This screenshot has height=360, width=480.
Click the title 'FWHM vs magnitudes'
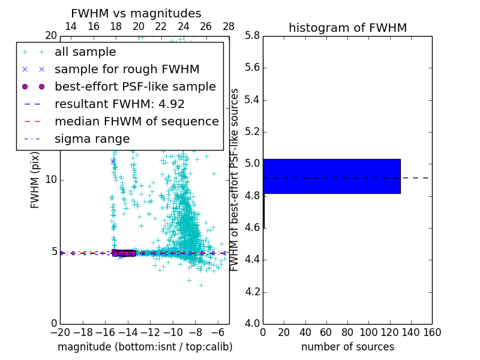click(136, 14)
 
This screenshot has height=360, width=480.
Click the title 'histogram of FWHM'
click(347, 28)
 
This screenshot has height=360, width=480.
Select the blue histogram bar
click(331, 176)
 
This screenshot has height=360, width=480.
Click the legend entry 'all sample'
click(85, 52)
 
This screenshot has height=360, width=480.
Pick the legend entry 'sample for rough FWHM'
click(127, 69)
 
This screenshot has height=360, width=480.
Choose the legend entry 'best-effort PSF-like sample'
click(135, 86)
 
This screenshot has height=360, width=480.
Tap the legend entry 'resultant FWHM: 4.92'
click(119, 104)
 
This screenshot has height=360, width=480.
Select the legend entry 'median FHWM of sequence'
click(136, 121)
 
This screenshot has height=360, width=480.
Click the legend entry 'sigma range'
click(92, 139)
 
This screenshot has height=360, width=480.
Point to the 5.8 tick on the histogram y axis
click(253, 35)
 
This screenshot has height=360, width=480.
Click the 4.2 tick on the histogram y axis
click(253, 292)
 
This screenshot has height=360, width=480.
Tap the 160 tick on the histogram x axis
click(432, 332)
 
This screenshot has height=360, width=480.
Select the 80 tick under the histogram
click(347, 332)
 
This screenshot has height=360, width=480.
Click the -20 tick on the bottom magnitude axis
click(60, 332)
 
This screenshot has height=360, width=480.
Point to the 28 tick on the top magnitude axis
click(229, 26)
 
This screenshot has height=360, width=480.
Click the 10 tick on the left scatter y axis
click(52, 180)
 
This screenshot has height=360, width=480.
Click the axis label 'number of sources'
click(347, 347)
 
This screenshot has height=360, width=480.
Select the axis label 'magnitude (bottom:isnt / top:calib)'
click(145, 347)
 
